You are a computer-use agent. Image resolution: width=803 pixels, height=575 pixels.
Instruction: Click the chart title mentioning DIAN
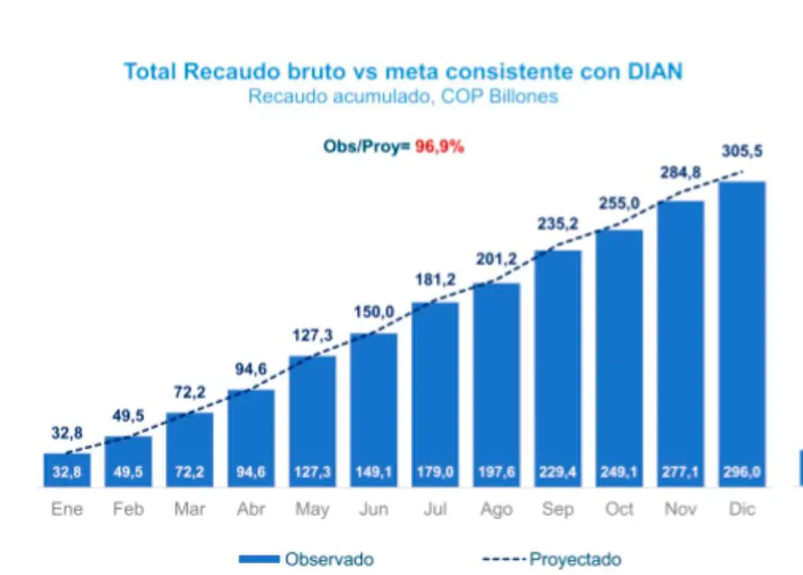402,71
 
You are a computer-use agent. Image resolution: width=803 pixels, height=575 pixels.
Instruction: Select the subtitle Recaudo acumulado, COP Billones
402,96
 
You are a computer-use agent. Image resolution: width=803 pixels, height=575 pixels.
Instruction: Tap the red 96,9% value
440,147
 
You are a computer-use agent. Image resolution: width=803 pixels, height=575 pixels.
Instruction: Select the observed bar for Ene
67,470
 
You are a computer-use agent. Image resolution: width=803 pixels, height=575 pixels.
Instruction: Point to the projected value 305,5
742,152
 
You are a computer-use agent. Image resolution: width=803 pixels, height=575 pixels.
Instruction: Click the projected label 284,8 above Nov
680,173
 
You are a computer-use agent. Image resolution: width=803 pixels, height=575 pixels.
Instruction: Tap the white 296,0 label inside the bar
742,472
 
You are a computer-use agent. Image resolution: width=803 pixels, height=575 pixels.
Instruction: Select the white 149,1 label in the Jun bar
374,472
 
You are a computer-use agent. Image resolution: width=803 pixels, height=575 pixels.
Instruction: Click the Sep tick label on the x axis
557,509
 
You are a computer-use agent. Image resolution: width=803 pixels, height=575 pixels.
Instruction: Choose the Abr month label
251,509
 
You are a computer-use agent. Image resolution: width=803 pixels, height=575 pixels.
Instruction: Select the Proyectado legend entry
552,559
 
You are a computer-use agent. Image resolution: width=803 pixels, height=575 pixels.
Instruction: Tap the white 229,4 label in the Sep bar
557,472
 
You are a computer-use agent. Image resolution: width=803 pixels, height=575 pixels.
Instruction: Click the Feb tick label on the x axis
128,509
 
